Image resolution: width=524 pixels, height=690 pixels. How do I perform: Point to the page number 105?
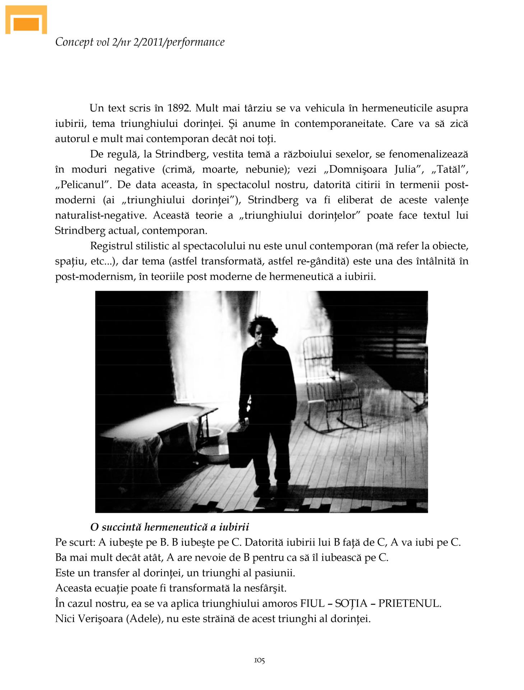pos(259,660)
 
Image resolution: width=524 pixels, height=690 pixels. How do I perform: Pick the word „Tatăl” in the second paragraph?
pos(447,169)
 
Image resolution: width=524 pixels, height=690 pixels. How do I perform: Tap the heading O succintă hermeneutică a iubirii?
pos(170,527)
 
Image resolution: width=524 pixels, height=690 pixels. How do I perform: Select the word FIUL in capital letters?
pos(311,603)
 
